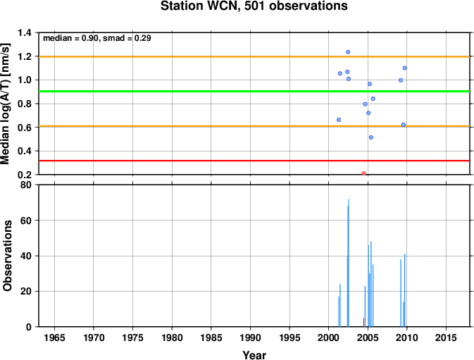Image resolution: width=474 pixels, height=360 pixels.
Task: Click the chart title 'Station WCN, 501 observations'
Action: click(x=254, y=6)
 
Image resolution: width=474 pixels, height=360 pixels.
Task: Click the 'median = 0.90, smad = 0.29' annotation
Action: click(x=97, y=38)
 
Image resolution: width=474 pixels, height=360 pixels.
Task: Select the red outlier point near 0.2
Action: click(x=363, y=173)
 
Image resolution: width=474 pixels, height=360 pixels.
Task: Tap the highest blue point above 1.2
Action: click(x=348, y=52)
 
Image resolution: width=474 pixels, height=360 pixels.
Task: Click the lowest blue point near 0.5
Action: click(x=371, y=137)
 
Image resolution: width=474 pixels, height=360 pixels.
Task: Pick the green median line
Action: click(x=254, y=92)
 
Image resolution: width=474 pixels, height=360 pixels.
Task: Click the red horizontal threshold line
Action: click(x=254, y=161)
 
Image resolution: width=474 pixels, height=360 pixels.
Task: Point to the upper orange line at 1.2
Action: click(x=254, y=56)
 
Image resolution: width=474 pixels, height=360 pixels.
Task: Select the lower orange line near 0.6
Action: click(x=254, y=126)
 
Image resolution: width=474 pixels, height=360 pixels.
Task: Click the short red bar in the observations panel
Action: click(x=363, y=322)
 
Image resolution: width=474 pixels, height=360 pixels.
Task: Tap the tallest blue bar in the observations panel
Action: click(x=349, y=263)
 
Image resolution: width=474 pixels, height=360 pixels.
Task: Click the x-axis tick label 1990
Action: click(x=250, y=337)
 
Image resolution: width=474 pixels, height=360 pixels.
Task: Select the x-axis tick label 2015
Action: click(x=446, y=337)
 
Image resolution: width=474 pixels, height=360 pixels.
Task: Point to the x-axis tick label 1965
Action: click(x=54, y=337)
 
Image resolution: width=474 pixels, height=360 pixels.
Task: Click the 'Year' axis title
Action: click(x=254, y=355)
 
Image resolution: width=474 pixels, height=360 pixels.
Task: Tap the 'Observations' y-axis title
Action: click(x=7, y=256)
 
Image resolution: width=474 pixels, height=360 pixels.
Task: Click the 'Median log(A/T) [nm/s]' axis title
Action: click(x=6, y=104)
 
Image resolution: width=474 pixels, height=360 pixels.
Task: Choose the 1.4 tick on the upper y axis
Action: click(x=25, y=32)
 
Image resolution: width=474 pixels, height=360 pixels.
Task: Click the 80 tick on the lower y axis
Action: click(x=26, y=185)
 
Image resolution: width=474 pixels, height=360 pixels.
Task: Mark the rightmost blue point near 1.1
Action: click(x=404, y=68)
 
